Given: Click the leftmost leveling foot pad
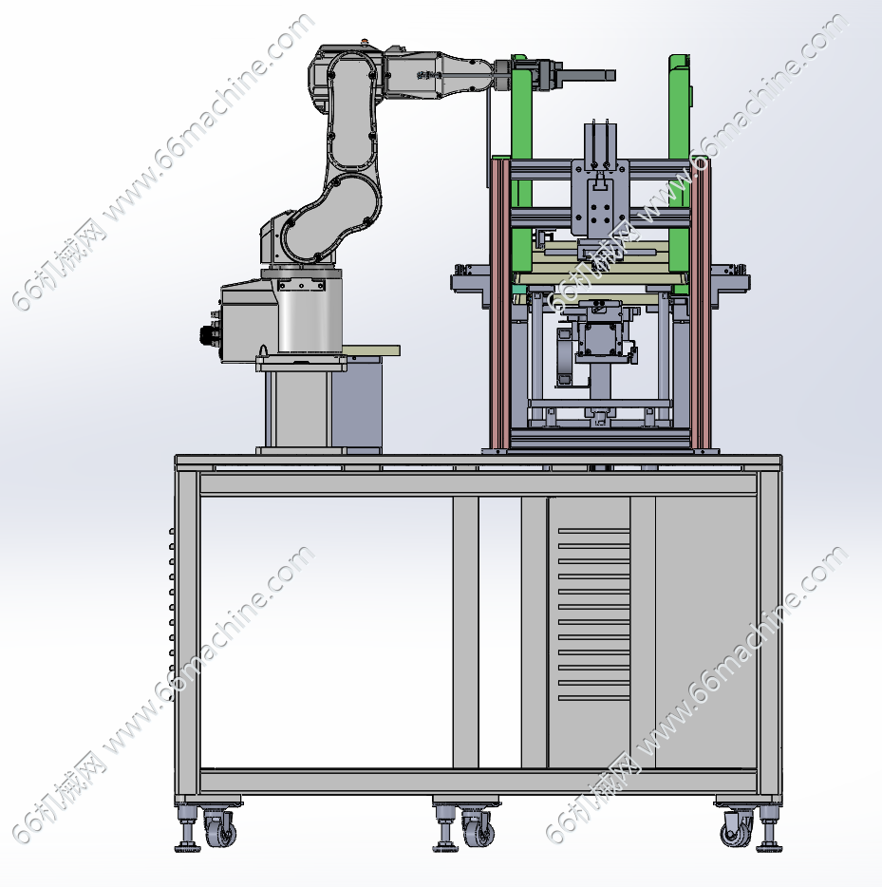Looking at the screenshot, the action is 188,847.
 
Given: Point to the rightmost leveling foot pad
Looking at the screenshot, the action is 769,847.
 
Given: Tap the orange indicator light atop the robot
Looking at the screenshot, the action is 365,41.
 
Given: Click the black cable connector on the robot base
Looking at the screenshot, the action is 208,335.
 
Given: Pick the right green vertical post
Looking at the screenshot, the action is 680,164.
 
